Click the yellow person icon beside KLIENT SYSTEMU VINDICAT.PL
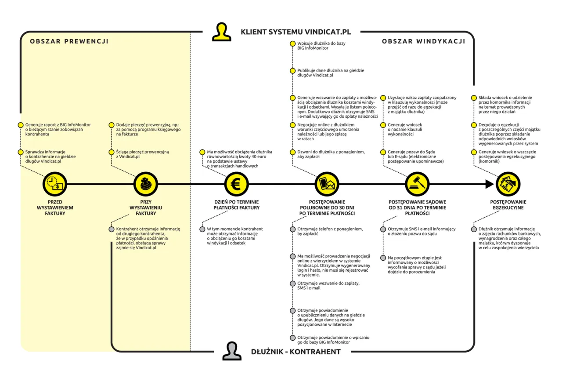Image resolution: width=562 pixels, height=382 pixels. point(221,32)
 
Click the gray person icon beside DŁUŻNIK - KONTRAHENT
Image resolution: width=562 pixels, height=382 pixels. point(231,351)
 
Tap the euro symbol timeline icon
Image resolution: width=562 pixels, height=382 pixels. point(236,184)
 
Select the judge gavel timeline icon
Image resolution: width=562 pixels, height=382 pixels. point(417,184)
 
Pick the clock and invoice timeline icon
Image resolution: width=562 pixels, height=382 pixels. point(54,184)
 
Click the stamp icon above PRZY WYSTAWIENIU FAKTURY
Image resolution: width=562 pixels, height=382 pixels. point(145,184)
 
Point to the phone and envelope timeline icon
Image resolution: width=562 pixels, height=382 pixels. point(327,184)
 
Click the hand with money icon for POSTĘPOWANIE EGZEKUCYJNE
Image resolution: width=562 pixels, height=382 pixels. point(508,184)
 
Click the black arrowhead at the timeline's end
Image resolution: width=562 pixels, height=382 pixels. point(490,184)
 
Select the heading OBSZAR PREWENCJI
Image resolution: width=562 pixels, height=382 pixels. point(69,41)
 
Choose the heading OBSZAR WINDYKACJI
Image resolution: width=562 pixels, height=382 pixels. point(423,41)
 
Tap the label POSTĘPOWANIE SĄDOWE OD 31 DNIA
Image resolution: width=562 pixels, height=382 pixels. point(417,207)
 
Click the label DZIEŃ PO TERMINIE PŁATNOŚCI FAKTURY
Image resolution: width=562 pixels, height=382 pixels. point(236,205)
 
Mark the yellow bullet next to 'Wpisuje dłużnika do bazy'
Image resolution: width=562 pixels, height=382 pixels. point(292,44)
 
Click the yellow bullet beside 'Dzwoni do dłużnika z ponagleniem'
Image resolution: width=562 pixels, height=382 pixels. point(292,152)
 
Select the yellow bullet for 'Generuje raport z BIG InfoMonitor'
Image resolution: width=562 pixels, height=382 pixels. point(20,125)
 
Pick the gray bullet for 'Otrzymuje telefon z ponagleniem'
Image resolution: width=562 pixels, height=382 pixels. point(292,229)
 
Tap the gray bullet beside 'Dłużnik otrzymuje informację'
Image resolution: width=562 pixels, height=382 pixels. point(474,229)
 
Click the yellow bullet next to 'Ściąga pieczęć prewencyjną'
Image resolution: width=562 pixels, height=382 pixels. point(111,152)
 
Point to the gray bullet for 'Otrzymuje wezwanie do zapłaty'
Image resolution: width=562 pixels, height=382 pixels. point(292,284)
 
